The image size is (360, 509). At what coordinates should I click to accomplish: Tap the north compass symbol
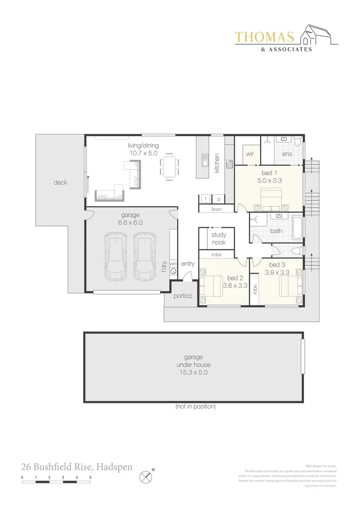point(146,477)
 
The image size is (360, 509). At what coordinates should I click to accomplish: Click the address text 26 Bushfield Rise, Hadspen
point(77,467)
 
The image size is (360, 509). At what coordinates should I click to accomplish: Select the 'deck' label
point(60,182)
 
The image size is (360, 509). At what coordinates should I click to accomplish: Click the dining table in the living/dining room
point(169,167)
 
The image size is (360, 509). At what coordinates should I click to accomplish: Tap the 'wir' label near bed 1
point(250,154)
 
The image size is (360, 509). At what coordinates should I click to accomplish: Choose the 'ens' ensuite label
point(287,154)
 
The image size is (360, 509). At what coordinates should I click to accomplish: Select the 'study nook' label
point(219,238)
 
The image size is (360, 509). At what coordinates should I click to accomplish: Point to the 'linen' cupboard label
point(217,209)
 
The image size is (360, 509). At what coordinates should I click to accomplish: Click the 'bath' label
point(276,231)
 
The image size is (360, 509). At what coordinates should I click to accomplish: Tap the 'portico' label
point(183,296)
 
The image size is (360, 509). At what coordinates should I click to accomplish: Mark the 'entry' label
point(188,264)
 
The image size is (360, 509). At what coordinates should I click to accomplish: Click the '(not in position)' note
point(195,406)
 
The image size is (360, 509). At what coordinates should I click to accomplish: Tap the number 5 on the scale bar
point(90,477)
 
